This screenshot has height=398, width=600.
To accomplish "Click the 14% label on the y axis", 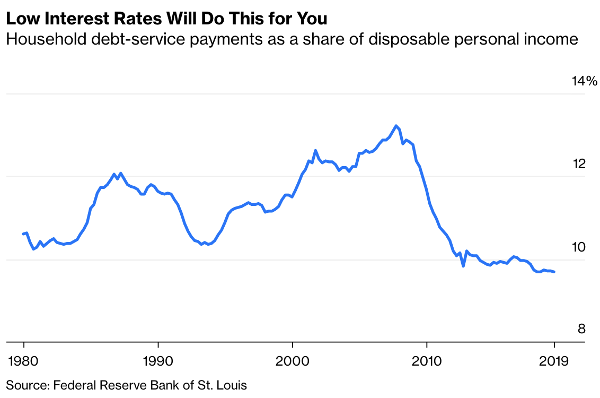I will pos(585,81).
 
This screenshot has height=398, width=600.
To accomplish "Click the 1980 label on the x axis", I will pos(24,361).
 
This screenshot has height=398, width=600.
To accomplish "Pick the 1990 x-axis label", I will pos(158,361).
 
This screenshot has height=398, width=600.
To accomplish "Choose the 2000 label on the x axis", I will pos(293,361).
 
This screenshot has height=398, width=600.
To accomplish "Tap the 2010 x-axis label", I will pos(427,361).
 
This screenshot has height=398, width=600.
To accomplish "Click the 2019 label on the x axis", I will pos(554,361).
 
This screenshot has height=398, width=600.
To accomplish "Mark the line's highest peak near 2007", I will pos(396,126).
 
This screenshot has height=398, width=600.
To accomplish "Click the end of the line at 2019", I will pos(554,272).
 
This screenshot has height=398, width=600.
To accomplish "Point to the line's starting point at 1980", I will pos(23,233).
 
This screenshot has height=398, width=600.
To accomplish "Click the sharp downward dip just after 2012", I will pos(463,266).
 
